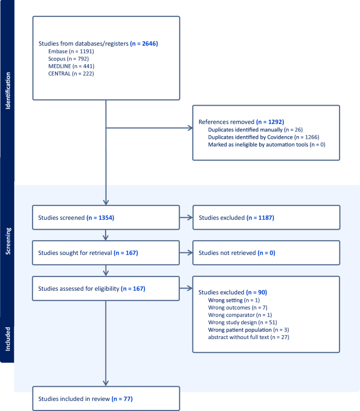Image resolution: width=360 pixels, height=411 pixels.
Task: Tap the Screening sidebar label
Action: click(x=7, y=241)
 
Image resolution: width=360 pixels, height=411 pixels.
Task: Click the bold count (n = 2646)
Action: click(x=144, y=44)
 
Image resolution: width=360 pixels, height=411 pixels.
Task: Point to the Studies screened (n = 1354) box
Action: click(x=106, y=217)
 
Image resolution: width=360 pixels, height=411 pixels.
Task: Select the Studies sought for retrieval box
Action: click(x=106, y=253)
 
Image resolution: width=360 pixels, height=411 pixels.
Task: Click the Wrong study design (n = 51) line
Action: click(x=242, y=322)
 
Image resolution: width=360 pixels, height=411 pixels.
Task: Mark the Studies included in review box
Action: click(x=106, y=399)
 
